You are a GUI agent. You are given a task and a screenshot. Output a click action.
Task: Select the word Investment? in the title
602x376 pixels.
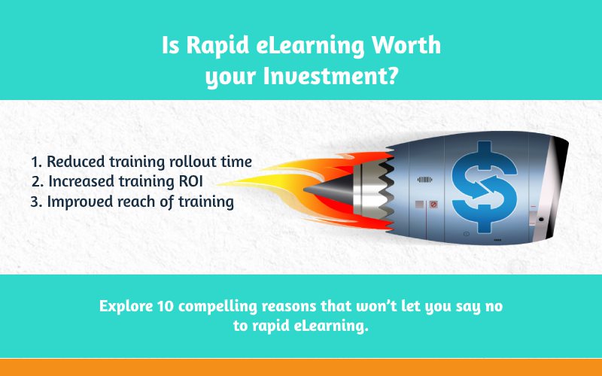click(x=330, y=76)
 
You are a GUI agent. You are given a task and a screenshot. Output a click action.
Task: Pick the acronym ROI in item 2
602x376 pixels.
click(x=191, y=181)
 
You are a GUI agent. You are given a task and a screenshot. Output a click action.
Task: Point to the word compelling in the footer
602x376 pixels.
click(x=217, y=307)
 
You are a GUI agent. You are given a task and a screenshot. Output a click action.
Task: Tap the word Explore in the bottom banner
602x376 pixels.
click(x=126, y=307)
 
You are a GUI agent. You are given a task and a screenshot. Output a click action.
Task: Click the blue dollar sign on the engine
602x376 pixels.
click(x=485, y=187)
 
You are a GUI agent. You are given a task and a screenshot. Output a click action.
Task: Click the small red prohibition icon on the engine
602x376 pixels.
click(x=433, y=204)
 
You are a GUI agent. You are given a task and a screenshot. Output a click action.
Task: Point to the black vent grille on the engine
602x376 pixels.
click(x=424, y=179)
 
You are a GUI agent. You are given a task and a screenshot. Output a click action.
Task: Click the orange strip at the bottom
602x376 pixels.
click(x=301, y=368)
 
